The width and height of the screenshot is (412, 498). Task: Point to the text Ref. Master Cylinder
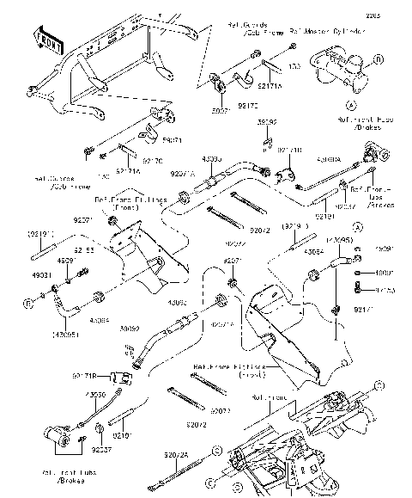(306, 32)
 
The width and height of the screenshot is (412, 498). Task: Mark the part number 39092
(130, 328)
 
